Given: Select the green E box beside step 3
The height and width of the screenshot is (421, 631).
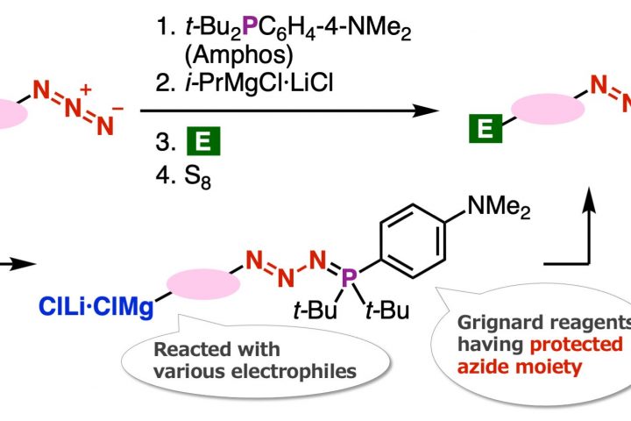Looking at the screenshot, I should [x=207, y=141].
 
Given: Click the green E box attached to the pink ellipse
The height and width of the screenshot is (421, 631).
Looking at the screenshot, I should [x=481, y=131].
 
